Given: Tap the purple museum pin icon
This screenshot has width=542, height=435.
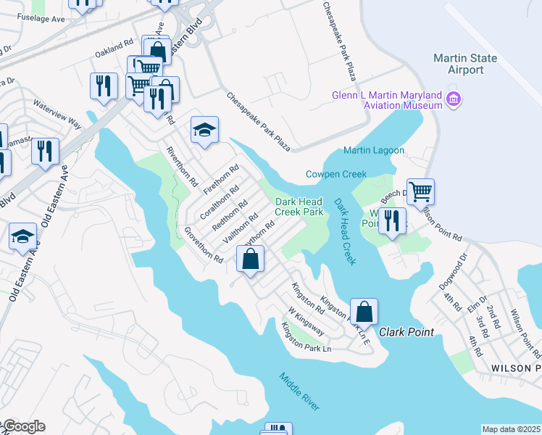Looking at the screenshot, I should coord(454,98).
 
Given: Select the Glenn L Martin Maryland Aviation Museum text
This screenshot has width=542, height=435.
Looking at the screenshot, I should coord(387,100).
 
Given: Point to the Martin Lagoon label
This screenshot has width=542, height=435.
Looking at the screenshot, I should coord(374,150).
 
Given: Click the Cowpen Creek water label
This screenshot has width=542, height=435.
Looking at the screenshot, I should coord(336,174).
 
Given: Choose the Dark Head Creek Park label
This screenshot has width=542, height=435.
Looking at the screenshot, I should coord(299,207).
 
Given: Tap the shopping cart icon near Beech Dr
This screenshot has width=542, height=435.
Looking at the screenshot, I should coord(420,192).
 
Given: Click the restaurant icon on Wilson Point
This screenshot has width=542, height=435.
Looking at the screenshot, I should coord(392,221).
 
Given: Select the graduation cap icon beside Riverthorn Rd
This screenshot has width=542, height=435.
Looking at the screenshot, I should coord(205,130).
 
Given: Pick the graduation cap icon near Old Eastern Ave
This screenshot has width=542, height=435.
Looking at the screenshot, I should coord(23,236).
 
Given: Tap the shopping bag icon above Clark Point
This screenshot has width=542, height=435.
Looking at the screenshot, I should coord(365,312).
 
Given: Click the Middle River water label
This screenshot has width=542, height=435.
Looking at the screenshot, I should coord(299,391).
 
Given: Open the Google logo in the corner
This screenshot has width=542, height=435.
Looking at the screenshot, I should coord(23,426).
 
